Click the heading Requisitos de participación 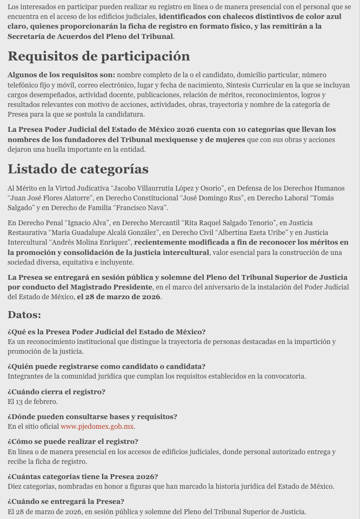[x=98, y=56]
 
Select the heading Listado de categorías [x=78, y=169]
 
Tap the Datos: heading [x=24, y=314]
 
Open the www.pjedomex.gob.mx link [x=97, y=427]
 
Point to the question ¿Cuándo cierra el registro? [x=56, y=392]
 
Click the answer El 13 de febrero [x=32, y=402]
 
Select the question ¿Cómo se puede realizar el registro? [x=72, y=442]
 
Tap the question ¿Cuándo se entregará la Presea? [x=66, y=502]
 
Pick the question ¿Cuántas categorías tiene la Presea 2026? [x=83, y=477]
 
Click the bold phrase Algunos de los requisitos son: [x=61, y=75]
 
